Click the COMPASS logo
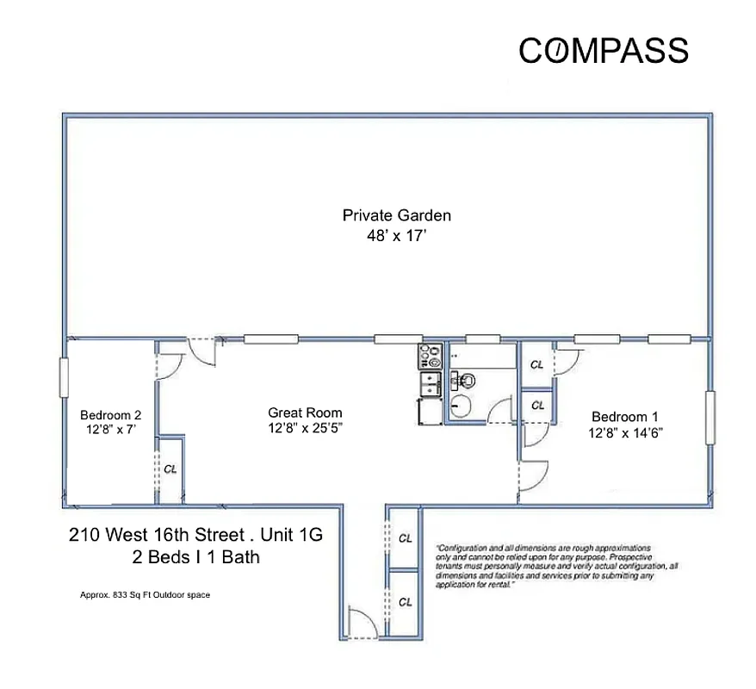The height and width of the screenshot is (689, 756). coord(603,51)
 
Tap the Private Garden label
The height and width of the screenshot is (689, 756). coord(396,215)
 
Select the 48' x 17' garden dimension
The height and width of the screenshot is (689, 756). coord(396,235)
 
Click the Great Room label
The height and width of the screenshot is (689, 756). coord(305,413)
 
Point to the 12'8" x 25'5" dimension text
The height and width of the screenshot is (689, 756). coord(305,428)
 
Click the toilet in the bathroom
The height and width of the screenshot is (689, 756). coord(466,379)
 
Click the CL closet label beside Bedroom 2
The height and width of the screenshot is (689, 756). coord(170,469)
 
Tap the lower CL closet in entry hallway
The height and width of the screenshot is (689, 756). coord(405,602)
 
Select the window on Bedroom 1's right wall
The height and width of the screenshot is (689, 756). coord(710,418)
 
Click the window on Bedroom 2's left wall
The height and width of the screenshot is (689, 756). coord(64,378)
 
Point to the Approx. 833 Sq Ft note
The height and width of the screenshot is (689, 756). coord(145,594)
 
